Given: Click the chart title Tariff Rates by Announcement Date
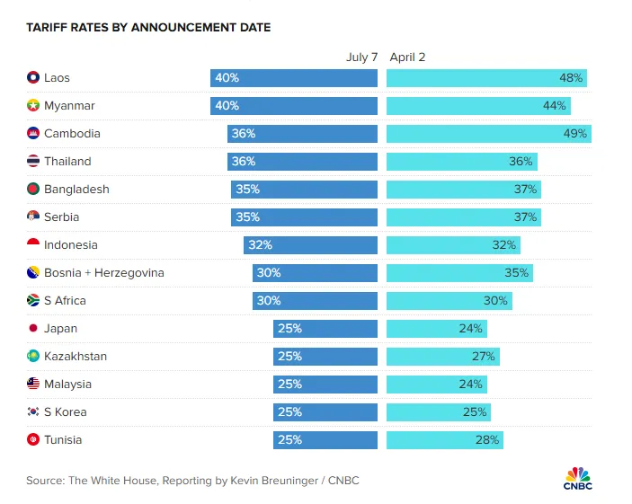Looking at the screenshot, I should (148, 28).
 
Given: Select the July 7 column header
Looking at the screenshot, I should (362, 57).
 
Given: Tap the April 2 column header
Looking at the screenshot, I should (407, 57).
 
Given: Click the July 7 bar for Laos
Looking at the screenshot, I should (294, 78).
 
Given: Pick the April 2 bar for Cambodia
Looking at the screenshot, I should (488, 134).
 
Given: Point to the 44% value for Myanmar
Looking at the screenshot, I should (555, 106).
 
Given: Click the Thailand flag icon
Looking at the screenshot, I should (33, 162).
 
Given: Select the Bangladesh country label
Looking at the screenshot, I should (76, 190).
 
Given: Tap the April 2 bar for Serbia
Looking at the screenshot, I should (463, 217).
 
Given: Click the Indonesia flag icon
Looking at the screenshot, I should (33, 245).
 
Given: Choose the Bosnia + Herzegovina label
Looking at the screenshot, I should (103, 273).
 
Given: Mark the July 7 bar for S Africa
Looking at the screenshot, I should (315, 301).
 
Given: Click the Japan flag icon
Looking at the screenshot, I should (33, 329).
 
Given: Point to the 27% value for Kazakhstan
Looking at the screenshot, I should (484, 357).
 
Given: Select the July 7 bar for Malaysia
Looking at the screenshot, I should (325, 385).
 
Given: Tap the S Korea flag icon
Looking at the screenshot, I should (33, 412).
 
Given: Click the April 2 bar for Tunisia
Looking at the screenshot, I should (444, 440).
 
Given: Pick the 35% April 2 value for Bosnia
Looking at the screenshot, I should (518, 273).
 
